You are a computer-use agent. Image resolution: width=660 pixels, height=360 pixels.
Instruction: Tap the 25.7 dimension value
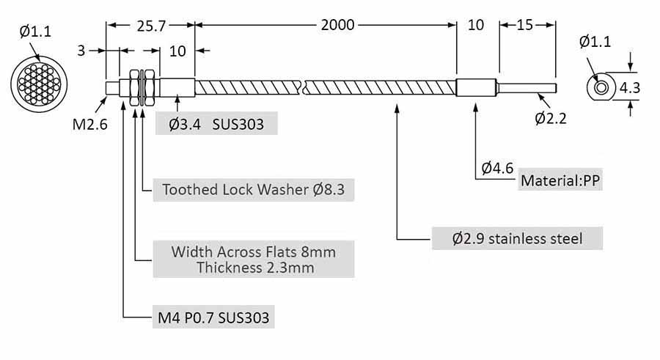151,26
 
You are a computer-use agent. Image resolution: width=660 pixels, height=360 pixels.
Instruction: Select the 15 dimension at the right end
525,25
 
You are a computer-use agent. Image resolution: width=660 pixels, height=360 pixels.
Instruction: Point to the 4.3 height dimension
630,88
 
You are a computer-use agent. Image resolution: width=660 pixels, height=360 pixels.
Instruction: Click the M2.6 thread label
89,124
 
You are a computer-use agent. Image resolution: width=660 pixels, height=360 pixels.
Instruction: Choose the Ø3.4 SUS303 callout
216,124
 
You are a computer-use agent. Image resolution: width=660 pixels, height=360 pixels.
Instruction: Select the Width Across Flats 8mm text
254,252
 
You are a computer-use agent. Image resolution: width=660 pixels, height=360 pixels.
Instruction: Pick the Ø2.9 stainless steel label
518,238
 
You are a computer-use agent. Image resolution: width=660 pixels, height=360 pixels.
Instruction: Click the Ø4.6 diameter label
496,168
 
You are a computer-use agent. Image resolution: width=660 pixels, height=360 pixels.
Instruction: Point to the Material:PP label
560,180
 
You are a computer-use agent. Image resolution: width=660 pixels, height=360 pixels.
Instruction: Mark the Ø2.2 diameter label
550,117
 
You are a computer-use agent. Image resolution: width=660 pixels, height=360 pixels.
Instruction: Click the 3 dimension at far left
82,51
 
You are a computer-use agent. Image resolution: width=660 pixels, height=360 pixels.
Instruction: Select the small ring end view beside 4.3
601,88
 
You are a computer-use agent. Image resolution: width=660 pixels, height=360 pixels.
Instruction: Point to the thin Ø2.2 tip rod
527,88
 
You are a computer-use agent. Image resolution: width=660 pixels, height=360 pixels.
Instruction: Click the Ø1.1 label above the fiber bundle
34,32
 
